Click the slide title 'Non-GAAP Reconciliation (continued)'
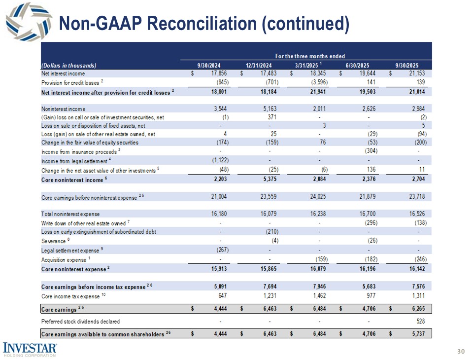click(203, 24)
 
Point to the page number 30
click(461, 352)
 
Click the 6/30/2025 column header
click(359, 65)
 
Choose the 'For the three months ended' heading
click(309, 57)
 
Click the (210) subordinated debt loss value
click(270, 231)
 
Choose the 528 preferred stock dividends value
click(420, 322)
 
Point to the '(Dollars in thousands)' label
click(68, 65)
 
